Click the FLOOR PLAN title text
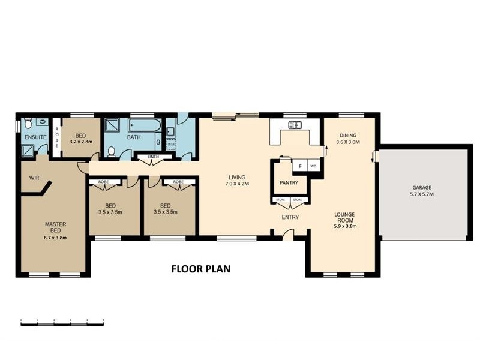coord(201,269)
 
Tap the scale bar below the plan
coord(62,322)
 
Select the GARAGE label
coord(422,188)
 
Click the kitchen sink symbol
coord(295,125)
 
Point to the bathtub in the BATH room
coord(145,125)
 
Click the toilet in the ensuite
coord(28,124)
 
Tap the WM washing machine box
coord(172,143)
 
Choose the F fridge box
coord(300,166)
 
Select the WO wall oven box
coord(313,166)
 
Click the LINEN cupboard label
coord(154,157)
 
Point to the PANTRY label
coord(289,183)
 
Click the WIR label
coord(34,178)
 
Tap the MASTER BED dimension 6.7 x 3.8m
coord(55,238)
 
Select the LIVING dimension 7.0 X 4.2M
coord(237,184)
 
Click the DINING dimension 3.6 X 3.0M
coord(348,142)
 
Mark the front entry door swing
coord(287,235)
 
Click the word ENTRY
coord(290,217)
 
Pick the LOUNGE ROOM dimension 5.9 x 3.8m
coord(345,227)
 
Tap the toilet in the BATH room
coord(112,152)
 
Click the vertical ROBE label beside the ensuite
coord(56,137)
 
